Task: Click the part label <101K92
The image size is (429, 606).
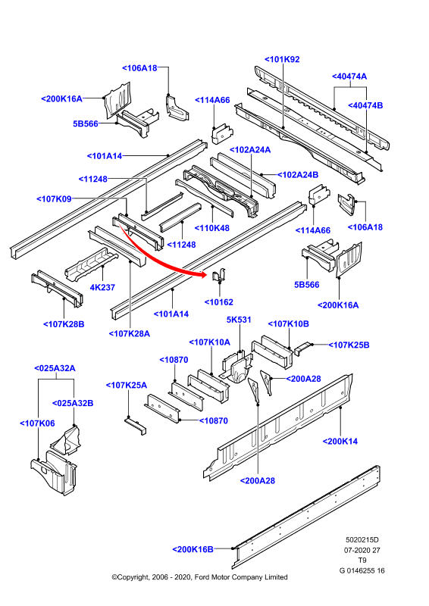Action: point(282,59)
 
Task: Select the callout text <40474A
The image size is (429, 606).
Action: point(349,77)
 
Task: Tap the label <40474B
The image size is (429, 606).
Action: point(365,105)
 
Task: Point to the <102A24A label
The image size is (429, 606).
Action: point(250,149)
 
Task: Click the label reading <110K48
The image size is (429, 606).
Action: point(212,228)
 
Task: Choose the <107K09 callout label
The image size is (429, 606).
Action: point(54,198)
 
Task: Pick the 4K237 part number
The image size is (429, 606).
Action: point(102,287)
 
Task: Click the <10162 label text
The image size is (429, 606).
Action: point(219,302)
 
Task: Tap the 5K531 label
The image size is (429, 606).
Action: point(239,320)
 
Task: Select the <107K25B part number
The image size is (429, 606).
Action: point(349,345)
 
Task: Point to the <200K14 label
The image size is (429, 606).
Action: point(340,441)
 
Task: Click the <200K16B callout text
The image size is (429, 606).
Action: point(193,549)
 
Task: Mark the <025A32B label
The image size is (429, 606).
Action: point(73,403)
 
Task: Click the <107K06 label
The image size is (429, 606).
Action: point(38,423)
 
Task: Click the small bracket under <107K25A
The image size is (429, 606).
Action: point(136,426)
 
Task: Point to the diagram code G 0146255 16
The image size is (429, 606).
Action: point(362,570)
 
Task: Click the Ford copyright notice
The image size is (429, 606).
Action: point(199,577)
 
